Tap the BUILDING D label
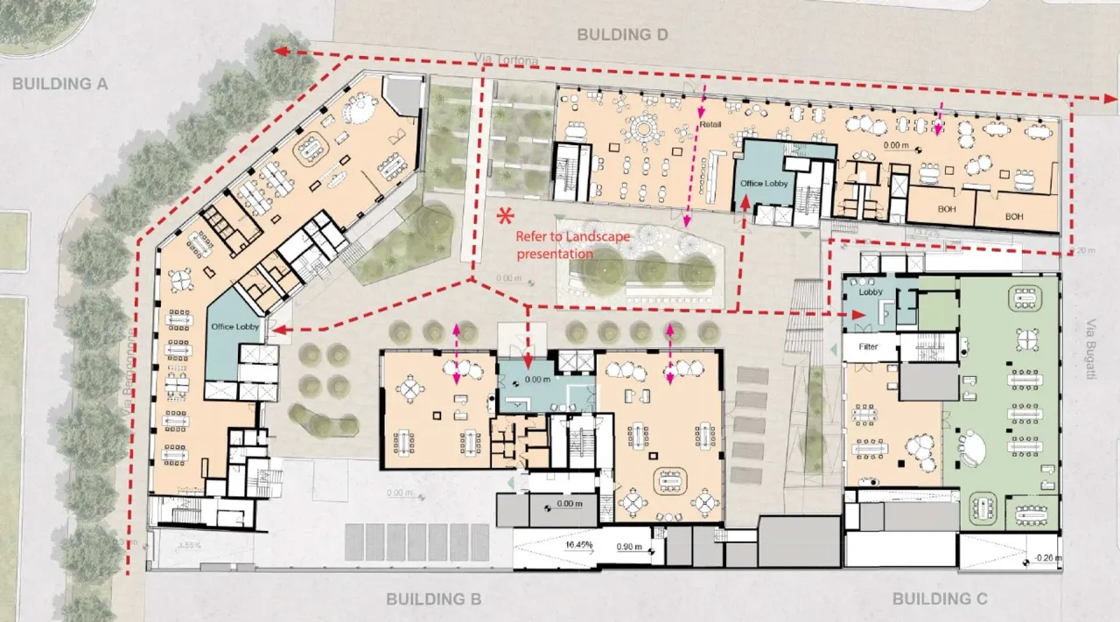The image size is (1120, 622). coord(622,34)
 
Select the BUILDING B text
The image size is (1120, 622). coord(434,599)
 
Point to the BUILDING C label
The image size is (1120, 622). coord(939,599)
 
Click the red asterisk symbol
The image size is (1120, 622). coord(504,215)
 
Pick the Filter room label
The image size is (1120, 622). coord(868,347)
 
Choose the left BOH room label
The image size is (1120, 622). coord(947,208)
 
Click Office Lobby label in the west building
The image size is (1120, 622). coord(231,326)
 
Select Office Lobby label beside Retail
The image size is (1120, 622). coord(764,184)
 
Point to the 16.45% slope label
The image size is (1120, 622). coord(579,545)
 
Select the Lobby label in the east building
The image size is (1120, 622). coord(871,293)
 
